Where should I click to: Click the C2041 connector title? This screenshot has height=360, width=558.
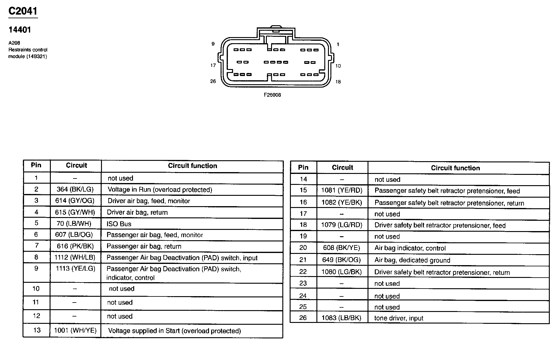(23, 11)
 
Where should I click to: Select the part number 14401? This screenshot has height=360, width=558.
(19, 30)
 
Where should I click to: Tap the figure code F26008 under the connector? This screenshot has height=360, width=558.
(272, 95)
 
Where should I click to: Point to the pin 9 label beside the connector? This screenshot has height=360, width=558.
(213, 44)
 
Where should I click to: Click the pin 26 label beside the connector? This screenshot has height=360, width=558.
(213, 81)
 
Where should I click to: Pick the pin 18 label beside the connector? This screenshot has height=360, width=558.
(338, 81)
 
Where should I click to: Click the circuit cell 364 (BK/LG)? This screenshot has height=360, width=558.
(75, 189)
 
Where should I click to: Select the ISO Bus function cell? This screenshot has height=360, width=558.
(119, 224)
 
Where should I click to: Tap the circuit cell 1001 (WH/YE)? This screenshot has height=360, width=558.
(75, 331)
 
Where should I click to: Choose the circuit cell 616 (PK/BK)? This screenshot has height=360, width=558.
(75, 246)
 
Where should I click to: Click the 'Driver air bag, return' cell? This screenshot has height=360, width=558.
(137, 213)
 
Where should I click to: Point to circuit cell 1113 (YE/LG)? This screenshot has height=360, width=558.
(75, 268)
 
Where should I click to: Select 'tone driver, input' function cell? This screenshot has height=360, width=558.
(399, 318)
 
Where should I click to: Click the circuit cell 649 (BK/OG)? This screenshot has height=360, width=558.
(341, 260)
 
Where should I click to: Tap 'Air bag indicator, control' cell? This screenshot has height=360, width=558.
(410, 248)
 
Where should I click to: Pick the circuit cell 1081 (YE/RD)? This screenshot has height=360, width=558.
(342, 191)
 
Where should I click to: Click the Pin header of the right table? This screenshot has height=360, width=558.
(303, 168)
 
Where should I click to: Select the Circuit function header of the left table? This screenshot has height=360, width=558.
(193, 166)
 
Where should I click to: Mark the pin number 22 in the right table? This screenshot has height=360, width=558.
(303, 272)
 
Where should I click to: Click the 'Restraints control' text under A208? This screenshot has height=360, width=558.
(28, 50)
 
